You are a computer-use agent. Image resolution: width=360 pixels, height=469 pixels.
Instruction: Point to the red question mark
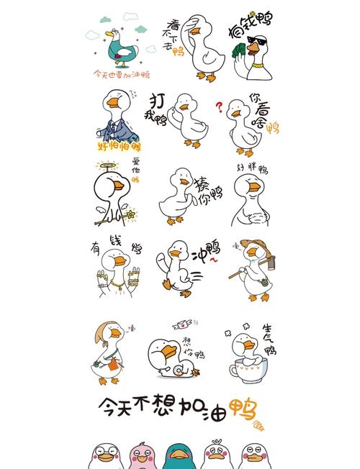click(219, 107)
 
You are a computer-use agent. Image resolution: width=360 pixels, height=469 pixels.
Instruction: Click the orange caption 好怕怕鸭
click(119, 146)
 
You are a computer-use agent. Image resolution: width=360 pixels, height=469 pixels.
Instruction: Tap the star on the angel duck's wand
click(132, 214)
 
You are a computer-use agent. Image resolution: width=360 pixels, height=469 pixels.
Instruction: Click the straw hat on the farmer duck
click(252, 245)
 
